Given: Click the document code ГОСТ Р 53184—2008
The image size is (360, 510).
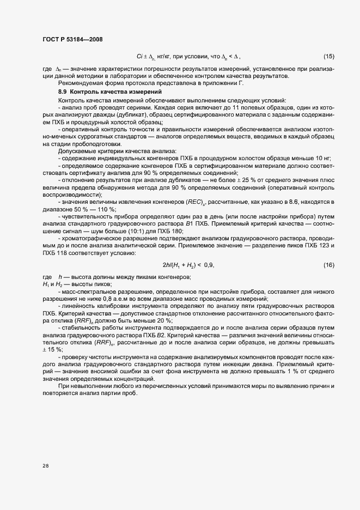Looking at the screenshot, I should pos(72,39).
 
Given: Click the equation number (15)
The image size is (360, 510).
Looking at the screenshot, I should pos(329,57).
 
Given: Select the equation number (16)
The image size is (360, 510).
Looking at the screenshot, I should pos(329,265).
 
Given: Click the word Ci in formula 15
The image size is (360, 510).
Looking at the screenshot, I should pos(140,57).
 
